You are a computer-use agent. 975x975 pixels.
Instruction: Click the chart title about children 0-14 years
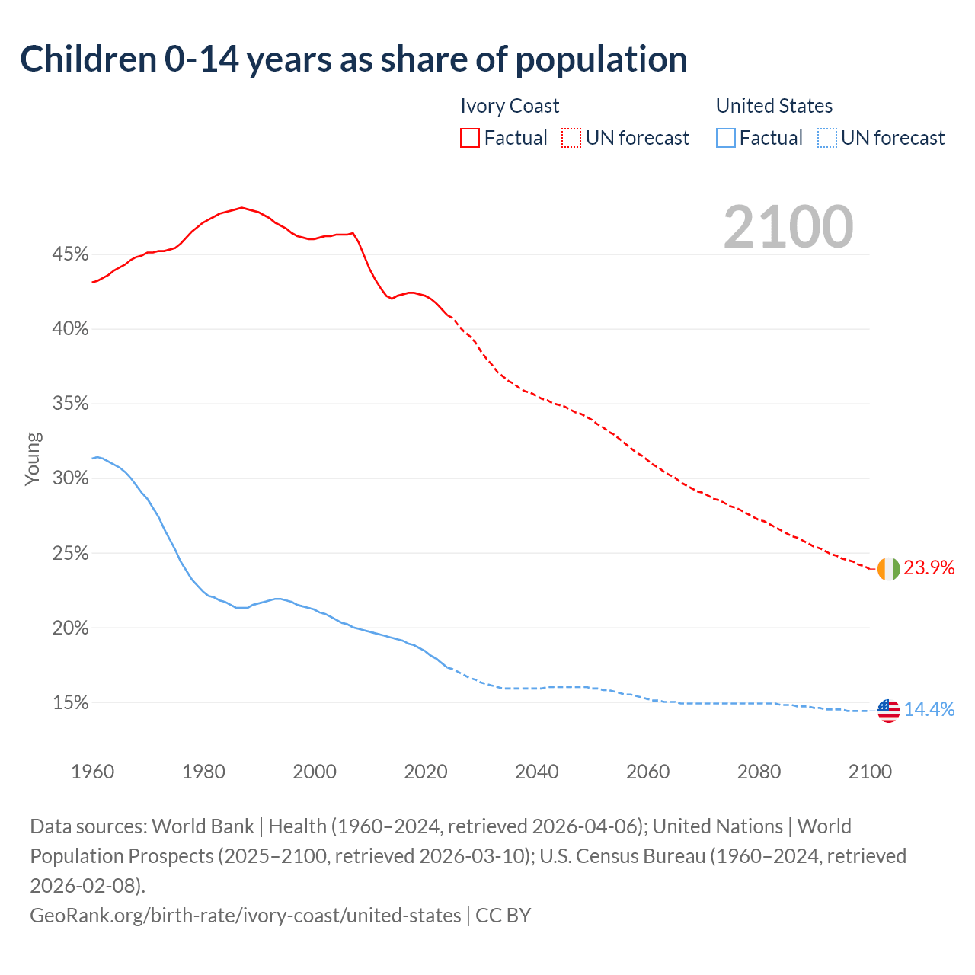353,59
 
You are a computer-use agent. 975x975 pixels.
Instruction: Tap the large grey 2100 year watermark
788,227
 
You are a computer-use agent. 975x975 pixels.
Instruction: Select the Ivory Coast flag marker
888,568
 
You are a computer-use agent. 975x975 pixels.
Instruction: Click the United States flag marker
888,711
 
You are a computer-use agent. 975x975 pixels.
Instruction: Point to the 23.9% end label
929,567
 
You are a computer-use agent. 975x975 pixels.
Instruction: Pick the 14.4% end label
929,710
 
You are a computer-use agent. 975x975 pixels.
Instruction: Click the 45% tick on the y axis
71,254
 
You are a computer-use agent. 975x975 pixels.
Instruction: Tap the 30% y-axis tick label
71,478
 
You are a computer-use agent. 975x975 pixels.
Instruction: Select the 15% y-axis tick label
71,703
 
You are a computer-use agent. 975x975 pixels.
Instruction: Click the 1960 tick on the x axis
93,772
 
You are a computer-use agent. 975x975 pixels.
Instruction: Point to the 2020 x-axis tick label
426,772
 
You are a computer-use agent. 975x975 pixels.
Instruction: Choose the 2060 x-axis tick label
647,772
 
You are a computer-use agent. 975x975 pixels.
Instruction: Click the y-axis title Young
33,459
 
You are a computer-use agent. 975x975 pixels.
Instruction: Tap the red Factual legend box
470,138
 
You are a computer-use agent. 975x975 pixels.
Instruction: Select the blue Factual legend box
725,138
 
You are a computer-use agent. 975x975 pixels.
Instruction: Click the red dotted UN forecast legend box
571,138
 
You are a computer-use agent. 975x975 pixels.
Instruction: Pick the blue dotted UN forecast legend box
826,138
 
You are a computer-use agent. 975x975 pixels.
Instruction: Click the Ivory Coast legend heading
510,106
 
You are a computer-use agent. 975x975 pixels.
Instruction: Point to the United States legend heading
774,106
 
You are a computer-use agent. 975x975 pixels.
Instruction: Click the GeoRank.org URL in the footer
245,915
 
